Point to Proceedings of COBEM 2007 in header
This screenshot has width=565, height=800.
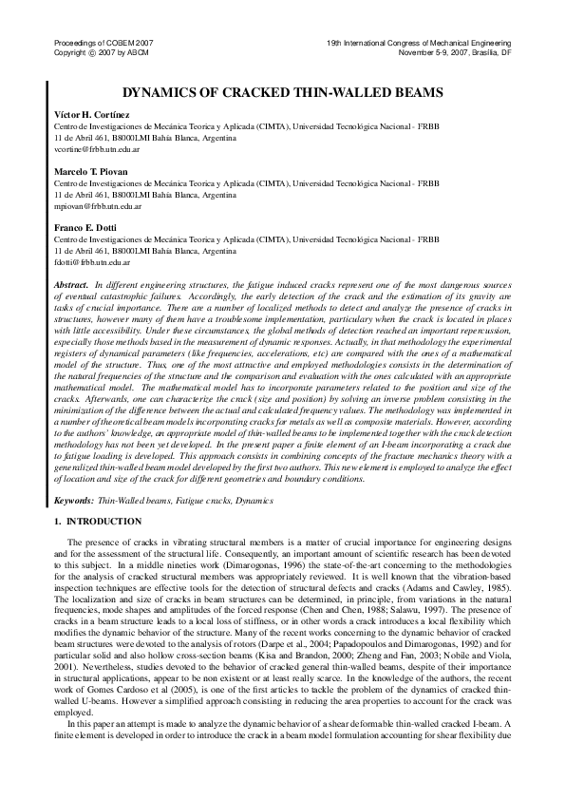(99, 45)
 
